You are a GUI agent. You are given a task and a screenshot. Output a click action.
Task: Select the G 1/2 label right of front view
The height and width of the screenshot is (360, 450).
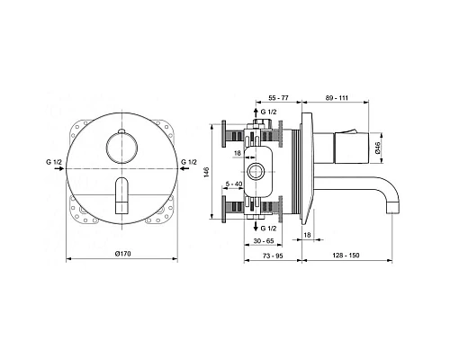tap(191, 163)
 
